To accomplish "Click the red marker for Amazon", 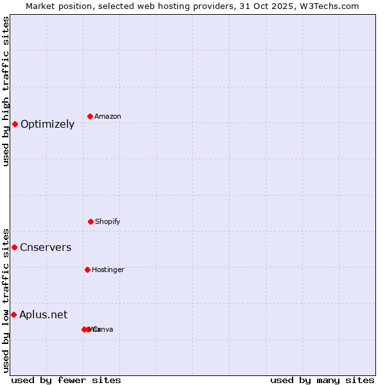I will [90, 116].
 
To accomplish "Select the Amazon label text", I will [108, 116].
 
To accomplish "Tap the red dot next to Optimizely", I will [15, 124].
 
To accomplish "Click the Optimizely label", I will [47, 124].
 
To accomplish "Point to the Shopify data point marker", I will [90, 221].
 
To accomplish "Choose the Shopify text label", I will [108, 221].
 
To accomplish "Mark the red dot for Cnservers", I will [14, 247].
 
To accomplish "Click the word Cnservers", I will [46, 248].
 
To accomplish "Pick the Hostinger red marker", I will [87, 269].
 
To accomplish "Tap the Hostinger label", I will [108, 269].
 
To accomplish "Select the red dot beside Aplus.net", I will [13, 314].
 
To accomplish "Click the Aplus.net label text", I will [43, 314].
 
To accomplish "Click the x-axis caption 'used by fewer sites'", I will [66, 380].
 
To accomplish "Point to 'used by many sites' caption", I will [322, 380].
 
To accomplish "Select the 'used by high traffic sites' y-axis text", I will [6, 91].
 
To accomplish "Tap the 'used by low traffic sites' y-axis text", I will [6, 300].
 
